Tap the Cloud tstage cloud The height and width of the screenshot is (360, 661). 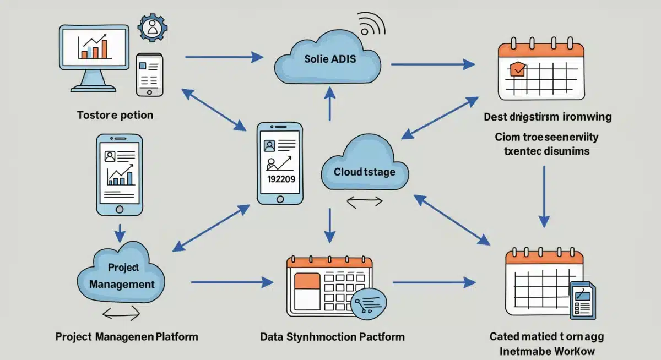[x=364, y=168]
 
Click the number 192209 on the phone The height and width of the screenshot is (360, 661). [x=280, y=179]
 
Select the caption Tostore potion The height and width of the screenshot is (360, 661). [x=115, y=115]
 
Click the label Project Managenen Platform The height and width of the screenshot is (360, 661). [x=127, y=336]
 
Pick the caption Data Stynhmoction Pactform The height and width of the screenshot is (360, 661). [x=332, y=336]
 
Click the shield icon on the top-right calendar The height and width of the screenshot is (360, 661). [x=518, y=69]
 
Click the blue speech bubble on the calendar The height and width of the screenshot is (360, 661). [x=368, y=303]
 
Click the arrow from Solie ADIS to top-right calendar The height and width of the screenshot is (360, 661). [x=432, y=64]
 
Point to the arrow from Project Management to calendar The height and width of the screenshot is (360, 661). [x=231, y=282]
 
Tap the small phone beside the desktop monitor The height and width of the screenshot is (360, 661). [x=149, y=74]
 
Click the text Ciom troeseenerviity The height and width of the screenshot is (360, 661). [x=546, y=137]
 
